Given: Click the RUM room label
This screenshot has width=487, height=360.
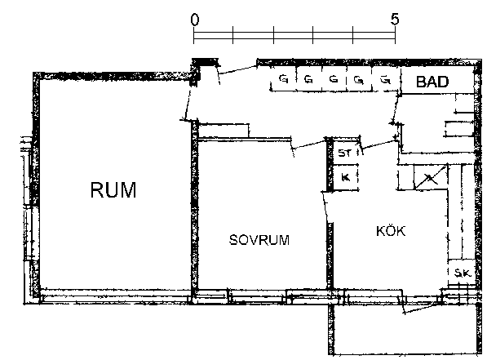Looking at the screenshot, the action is [113, 189].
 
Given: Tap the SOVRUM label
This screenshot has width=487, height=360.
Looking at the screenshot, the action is [259, 240].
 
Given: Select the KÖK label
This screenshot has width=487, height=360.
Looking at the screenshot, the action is [391, 231].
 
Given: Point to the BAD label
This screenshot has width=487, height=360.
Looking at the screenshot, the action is [432, 82].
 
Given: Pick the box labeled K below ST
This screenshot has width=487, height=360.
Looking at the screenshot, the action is [346, 177].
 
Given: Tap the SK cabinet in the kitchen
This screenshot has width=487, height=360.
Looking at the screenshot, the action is [462, 273].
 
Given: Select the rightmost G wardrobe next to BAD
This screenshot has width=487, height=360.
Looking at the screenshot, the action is [385, 79].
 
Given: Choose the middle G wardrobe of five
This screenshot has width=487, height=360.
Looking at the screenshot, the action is [334, 79].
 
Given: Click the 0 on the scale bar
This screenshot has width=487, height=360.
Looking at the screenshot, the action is [195, 20].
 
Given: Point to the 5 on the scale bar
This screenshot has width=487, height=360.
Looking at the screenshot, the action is [395, 20].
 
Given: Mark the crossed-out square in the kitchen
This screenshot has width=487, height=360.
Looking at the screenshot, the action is [431, 177].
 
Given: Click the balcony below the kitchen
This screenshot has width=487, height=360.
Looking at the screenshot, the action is [405, 329].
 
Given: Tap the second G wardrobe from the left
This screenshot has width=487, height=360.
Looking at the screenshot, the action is [308, 79].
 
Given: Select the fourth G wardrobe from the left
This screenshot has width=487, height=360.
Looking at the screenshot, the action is [359, 79].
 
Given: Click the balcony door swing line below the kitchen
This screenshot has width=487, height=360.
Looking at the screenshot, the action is [422, 308].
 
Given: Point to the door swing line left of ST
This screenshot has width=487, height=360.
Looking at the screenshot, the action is [309, 144].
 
